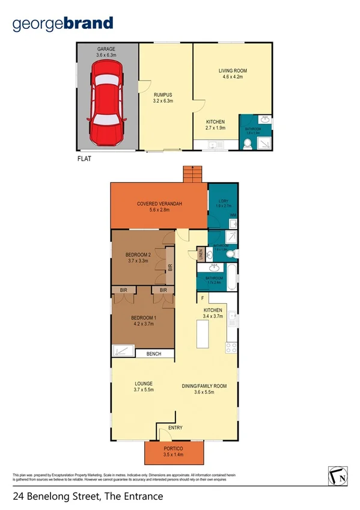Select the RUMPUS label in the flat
[163, 94]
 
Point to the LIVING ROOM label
[232, 71]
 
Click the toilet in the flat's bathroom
[248, 143]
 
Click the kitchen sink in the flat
[213, 144]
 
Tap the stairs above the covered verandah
[192, 174]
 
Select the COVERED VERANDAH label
[159, 204]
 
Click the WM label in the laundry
[232, 215]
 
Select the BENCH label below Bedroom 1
[153, 354]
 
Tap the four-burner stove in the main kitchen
[231, 348]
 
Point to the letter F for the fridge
[203, 298]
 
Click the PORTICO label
[177, 449]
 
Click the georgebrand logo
[63, 24]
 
